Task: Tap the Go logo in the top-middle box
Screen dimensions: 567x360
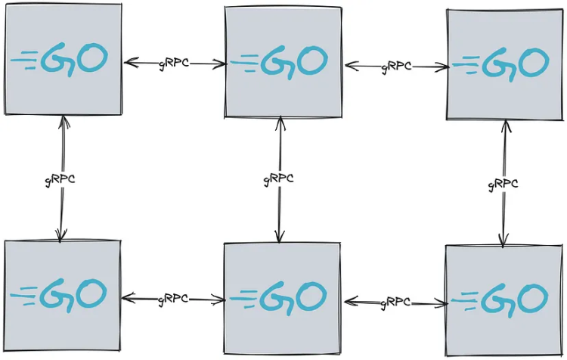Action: tap(279, 62)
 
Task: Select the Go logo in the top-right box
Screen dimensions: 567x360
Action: tap(501, 64)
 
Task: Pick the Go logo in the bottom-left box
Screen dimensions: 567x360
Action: tap(59, 295)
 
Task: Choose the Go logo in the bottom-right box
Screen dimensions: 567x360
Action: tap(500, 301)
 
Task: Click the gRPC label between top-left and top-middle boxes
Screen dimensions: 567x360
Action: tap(174, 64)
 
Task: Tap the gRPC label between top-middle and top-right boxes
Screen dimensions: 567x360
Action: tap(396, 67)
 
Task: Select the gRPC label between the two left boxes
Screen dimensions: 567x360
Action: tap(60, 179)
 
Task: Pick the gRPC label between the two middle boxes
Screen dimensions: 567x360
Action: tap(278, 178)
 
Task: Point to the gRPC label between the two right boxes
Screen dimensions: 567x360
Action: tap(503, 184)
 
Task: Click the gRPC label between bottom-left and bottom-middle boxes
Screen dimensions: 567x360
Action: tap(173, 299)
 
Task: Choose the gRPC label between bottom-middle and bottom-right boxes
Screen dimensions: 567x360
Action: tap(395, 303)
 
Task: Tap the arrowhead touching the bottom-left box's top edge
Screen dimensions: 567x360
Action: tap(60, 235)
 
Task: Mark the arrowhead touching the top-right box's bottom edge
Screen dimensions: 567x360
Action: tap(506, 127)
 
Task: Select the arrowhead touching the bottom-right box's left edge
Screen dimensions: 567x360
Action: tap(442, 304)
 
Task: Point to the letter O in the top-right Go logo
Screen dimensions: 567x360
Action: tap(534, 63)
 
